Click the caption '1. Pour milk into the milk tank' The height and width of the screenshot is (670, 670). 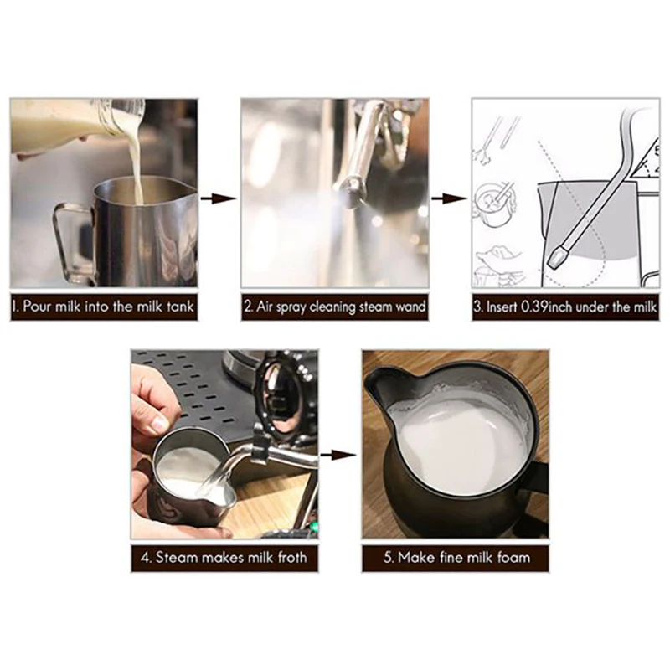[104, 307]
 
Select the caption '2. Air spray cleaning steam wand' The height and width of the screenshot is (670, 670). [335, 307]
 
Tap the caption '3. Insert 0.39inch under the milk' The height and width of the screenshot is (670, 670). [565, 307]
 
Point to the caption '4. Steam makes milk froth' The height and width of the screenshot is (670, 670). [224, 556]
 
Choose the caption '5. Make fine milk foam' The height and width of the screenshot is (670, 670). [455, 556]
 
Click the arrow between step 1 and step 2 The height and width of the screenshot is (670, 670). [219, 198]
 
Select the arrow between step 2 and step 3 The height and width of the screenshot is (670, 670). [451, 198]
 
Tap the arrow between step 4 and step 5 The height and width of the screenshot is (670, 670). [339, 456]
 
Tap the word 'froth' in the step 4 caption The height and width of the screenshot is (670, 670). [286, 556]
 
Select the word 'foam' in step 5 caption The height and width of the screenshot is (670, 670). [510, 556]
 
